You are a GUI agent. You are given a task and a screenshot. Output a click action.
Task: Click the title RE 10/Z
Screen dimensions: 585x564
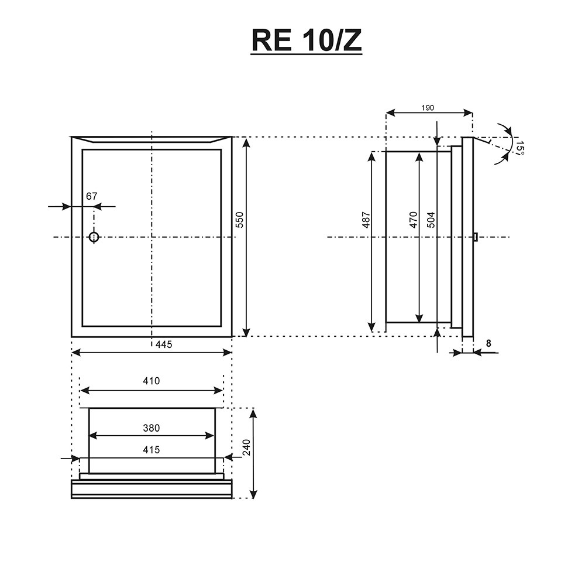[307, 41]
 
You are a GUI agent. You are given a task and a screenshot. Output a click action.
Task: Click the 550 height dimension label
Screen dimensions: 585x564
[239, 220]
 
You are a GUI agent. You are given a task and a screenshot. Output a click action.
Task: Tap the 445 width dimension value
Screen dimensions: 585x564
[164, 344]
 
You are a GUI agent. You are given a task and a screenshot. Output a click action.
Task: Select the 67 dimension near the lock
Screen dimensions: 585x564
[91, 196]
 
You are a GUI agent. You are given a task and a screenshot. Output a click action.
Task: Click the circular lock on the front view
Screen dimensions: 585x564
[94, 237]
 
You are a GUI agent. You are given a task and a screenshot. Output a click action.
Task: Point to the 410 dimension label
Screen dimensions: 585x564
[151, 381]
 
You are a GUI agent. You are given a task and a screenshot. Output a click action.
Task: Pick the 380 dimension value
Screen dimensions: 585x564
[151, 428]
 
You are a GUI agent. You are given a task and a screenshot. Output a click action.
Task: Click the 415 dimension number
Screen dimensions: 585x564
[151, 450]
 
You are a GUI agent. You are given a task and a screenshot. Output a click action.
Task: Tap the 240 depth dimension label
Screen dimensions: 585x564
[247, 447]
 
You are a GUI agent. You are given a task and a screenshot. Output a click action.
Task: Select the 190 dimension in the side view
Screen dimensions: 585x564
[428, 108]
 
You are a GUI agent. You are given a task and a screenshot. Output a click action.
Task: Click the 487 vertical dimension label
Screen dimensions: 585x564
[366, 220]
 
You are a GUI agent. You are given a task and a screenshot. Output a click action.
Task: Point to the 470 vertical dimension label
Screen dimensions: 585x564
[413, 220]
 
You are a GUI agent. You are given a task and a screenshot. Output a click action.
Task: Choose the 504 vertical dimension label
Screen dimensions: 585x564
[431, 220]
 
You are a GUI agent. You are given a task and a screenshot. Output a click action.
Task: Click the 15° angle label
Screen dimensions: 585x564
[520, 148]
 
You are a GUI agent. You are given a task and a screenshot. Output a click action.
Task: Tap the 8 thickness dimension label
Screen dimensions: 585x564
[488, 343]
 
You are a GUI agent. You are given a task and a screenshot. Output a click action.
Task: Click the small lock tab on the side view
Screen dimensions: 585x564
[475, 237]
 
